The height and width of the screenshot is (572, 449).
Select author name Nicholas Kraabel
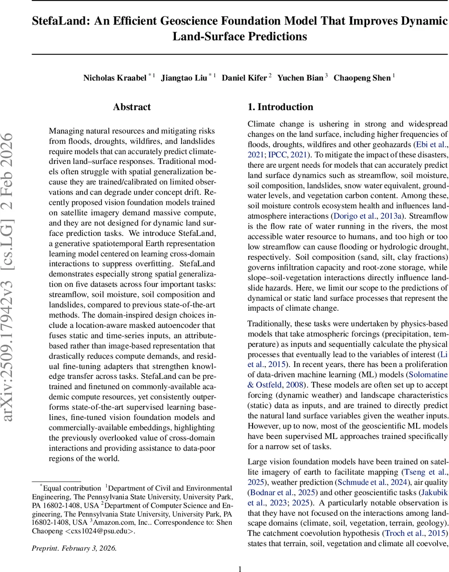coord(114,78)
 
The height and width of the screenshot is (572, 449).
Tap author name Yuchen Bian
coord(300,78)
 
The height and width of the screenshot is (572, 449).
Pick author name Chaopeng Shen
coord(362,78)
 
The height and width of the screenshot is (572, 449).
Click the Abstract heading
coord(132,107)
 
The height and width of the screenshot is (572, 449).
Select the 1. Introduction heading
coord(280,107)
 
